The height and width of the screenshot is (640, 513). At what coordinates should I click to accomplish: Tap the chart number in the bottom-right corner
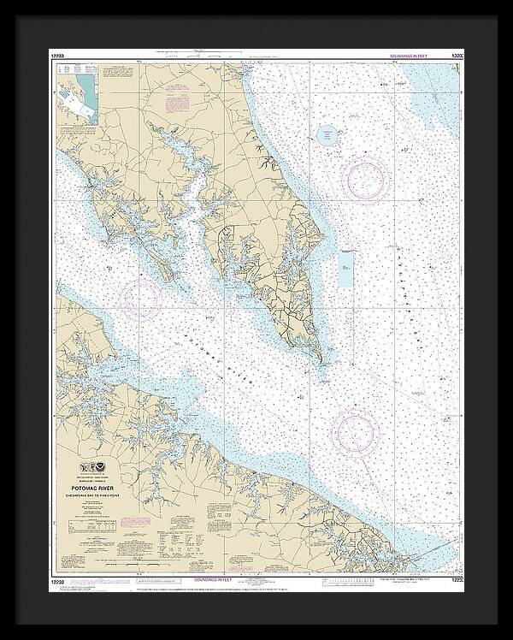pos(458,582)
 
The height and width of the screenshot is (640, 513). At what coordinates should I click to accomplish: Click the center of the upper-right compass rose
pos(366,176)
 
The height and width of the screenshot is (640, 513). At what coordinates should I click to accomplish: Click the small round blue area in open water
pos(326,134)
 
